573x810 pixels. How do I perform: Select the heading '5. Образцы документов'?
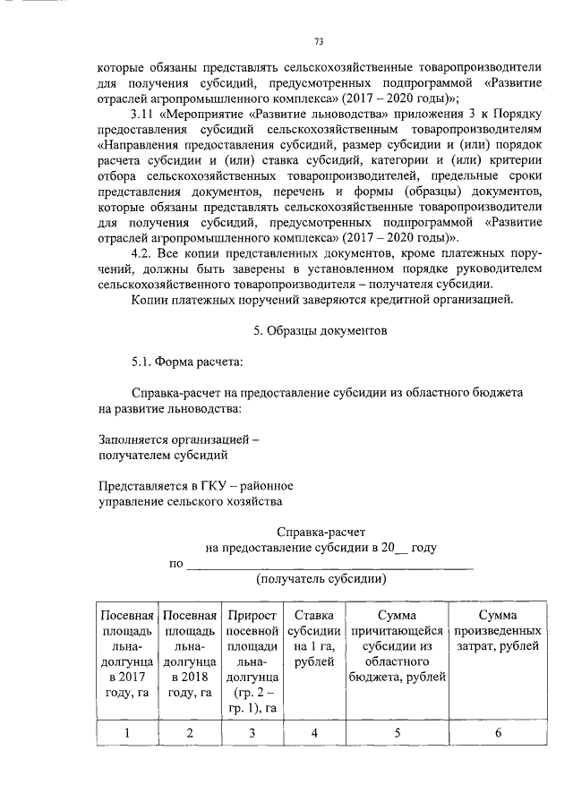[x=320, y=331]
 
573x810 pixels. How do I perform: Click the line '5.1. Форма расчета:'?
[x=186, y=362]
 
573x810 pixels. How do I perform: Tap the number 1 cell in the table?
[x=127, y=734]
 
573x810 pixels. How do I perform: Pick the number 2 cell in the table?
[x=190, y=734]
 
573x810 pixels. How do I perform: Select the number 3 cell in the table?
[x=252, y=734]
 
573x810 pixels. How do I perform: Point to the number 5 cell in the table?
[x=397, y=734]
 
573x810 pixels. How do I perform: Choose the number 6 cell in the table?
[x=498, y=734]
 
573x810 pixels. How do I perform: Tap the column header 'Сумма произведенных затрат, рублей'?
[x=498, y=630]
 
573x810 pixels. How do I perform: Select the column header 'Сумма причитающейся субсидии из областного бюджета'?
[x=397, y=646]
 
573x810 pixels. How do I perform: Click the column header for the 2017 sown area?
[x=127, y=654]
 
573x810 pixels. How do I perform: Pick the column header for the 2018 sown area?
[x=190, y=654]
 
